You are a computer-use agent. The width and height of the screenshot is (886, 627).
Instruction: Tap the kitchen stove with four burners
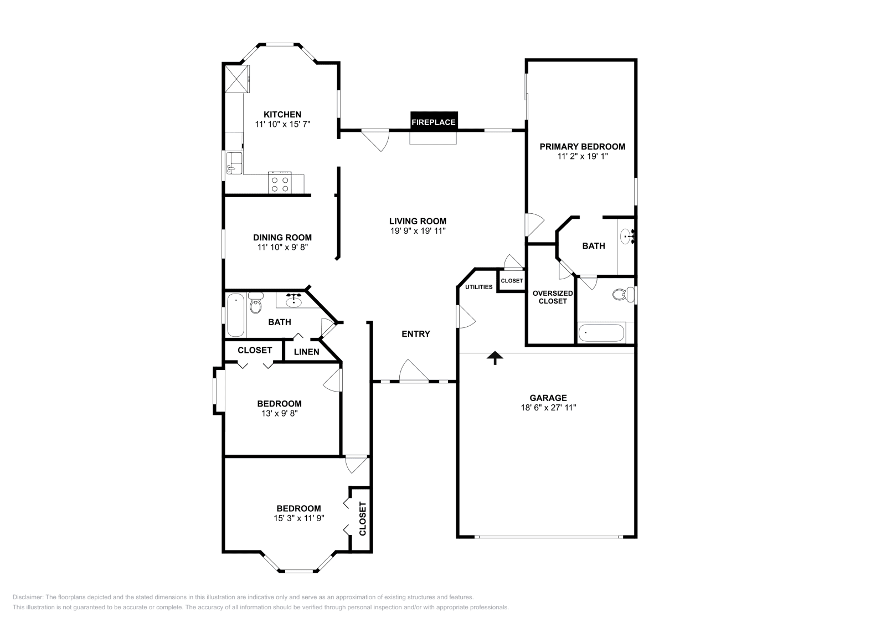click(x=280, y=183)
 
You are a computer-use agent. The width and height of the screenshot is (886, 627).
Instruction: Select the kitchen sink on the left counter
click(x=234, y=163)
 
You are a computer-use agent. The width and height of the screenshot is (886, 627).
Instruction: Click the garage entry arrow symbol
click(x=495, y=358)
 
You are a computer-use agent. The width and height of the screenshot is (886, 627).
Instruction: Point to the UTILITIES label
click(x=478, y=287)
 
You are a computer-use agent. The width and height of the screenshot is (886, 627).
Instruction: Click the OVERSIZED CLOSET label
click(x=553, y=297)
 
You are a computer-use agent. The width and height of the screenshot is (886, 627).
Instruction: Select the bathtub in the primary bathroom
click(x=601, y=333)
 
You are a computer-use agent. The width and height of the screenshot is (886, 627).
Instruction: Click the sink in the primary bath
click(x=627, y=237)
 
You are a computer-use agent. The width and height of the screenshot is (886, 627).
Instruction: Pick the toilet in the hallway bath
click(x=256, y=303)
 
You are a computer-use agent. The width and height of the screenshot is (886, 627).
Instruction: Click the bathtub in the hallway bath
click(x=235, y=315)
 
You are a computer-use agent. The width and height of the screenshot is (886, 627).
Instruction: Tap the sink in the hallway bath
click(x=293, y=301)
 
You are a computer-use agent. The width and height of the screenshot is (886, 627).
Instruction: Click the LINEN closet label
click(x=307, y=352)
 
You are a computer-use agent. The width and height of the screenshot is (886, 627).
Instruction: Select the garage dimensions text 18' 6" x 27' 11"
click(x=548, y=408)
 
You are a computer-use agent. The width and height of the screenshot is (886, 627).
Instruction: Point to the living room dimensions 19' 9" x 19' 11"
click(x=418, y=230)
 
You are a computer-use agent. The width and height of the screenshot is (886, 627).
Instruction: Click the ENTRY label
click(x=416, y=334)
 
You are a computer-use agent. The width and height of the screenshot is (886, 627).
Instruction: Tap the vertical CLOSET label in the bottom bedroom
click(x=363, y=518)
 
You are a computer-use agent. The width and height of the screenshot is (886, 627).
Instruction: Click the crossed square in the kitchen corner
click(x=238, y=79)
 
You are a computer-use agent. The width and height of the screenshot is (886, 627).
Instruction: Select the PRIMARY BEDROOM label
click(x=582, y=146)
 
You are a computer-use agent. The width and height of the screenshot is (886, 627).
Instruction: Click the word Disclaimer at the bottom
click(x=28, y=597)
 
